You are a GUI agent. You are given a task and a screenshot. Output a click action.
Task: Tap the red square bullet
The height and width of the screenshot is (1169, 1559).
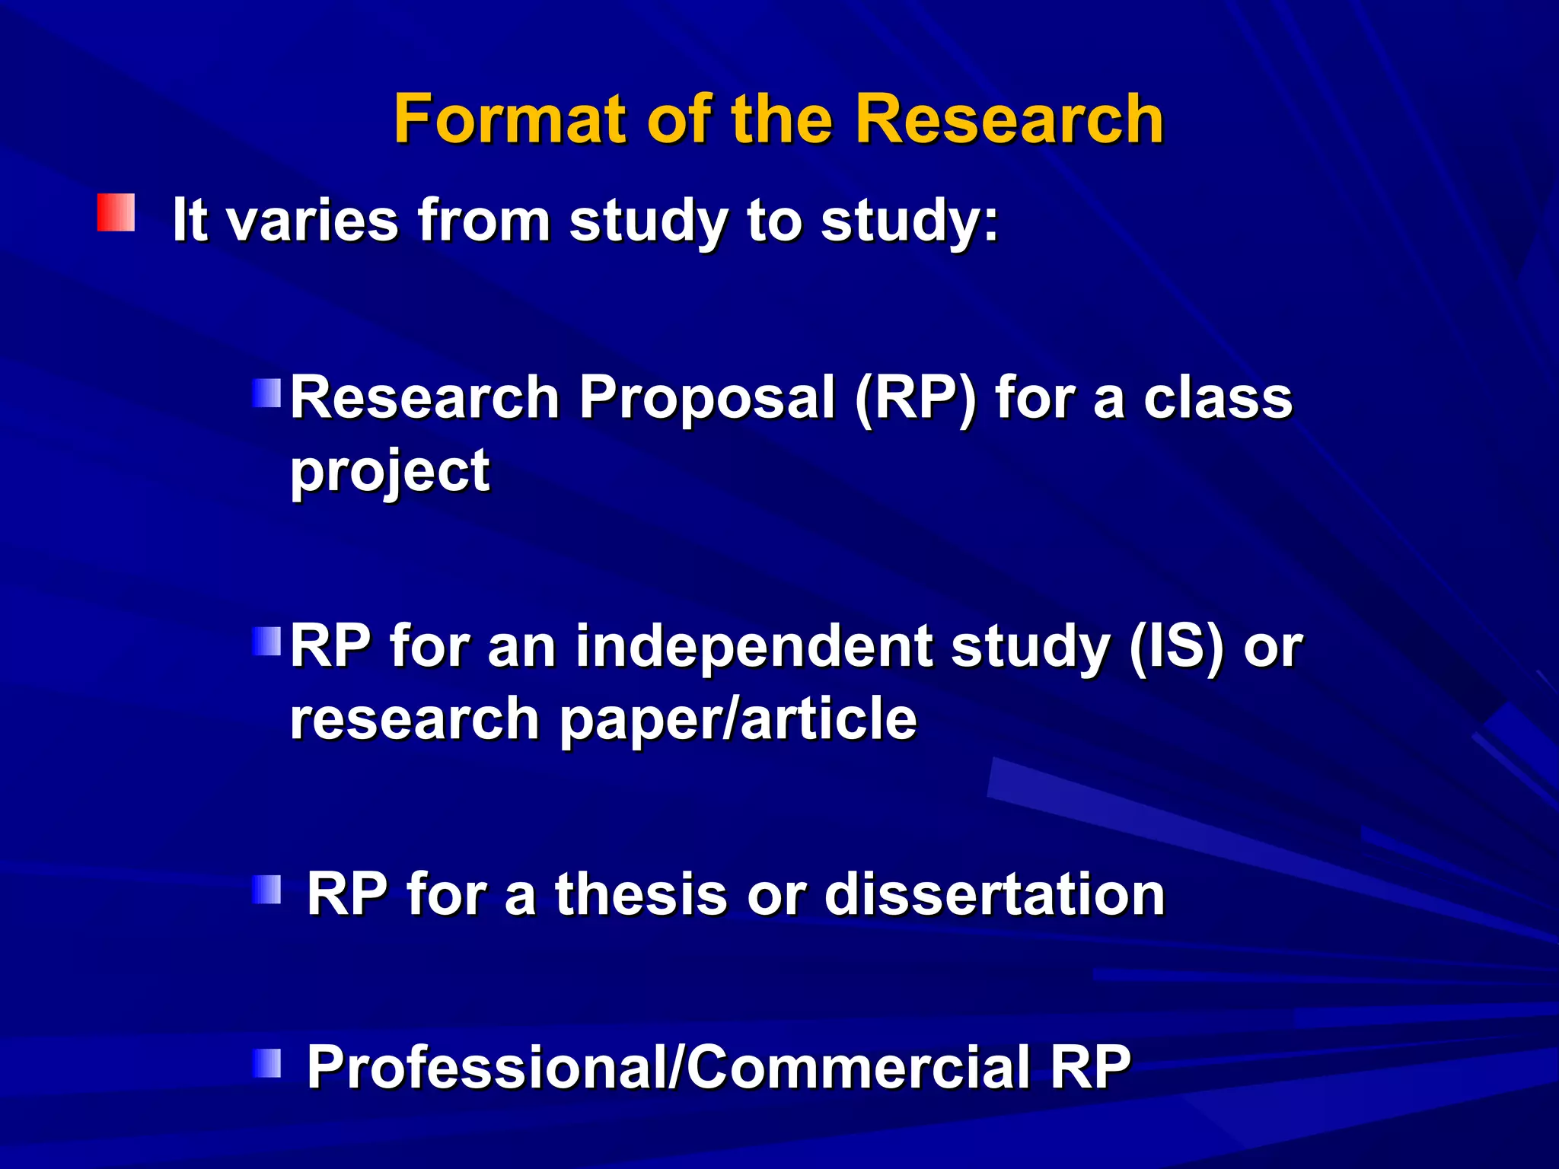click(116, 212)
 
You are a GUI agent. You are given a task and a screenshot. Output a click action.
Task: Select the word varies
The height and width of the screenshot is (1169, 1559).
click(312, 221)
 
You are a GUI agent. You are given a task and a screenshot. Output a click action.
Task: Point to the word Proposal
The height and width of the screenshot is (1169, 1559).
click(706, 397)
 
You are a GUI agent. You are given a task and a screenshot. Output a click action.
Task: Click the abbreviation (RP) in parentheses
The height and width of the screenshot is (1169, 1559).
click(915, 397)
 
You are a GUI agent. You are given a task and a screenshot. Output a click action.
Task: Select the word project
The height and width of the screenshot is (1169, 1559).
click(390, 472)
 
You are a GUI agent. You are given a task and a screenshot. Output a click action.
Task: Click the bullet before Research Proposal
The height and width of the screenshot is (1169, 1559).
click(266, 393)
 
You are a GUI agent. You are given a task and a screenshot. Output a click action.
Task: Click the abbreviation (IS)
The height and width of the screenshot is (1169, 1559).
click(1176, 646)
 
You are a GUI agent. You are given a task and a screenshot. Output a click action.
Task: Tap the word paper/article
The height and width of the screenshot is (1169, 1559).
click(738, 719)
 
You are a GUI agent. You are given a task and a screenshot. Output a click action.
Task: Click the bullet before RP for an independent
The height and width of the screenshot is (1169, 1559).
click(266, 642)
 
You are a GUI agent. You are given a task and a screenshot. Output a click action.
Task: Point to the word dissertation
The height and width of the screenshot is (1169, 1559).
click(994, 893)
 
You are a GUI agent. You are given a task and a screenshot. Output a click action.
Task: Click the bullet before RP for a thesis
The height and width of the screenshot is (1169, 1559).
click(266, 889)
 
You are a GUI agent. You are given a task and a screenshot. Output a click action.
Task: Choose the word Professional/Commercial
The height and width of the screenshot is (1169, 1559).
click(668, 1067)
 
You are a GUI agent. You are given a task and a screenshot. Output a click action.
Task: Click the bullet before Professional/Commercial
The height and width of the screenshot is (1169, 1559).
click(266, 1062)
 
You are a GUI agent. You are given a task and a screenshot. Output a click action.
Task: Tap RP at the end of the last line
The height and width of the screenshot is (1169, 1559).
click(1090, 1067)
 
